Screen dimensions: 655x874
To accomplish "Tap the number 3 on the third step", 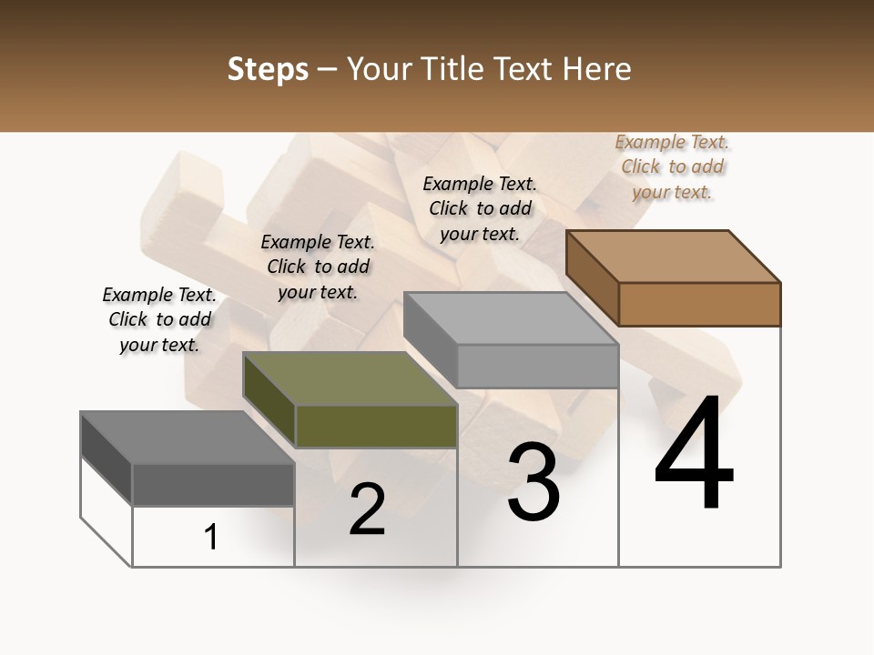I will [x=534, y=481].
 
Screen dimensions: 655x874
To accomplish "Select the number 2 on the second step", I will [x=368, y=509].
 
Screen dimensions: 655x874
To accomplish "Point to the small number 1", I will [x=211, y=538].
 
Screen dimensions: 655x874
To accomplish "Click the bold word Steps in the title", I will [x=268, y=69].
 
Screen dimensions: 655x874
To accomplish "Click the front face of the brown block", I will [x=699, y=304].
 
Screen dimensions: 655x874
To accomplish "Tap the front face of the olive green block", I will [x=376, y=426].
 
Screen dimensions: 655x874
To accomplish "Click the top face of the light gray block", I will [x=511, y=318].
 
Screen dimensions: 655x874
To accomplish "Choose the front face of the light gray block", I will [x=537, y=366].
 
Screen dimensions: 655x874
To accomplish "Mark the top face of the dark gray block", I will [x=188, y=438].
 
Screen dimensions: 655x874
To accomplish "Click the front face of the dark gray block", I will [x=213, y=484].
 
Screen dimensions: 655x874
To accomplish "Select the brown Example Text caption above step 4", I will [x=673, y=166].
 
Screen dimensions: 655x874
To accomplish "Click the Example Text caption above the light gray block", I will [x=480, y=208].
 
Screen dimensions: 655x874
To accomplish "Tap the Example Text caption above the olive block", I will [x=318, y=267].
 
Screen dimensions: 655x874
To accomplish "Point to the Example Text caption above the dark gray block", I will [x=159, y=319].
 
